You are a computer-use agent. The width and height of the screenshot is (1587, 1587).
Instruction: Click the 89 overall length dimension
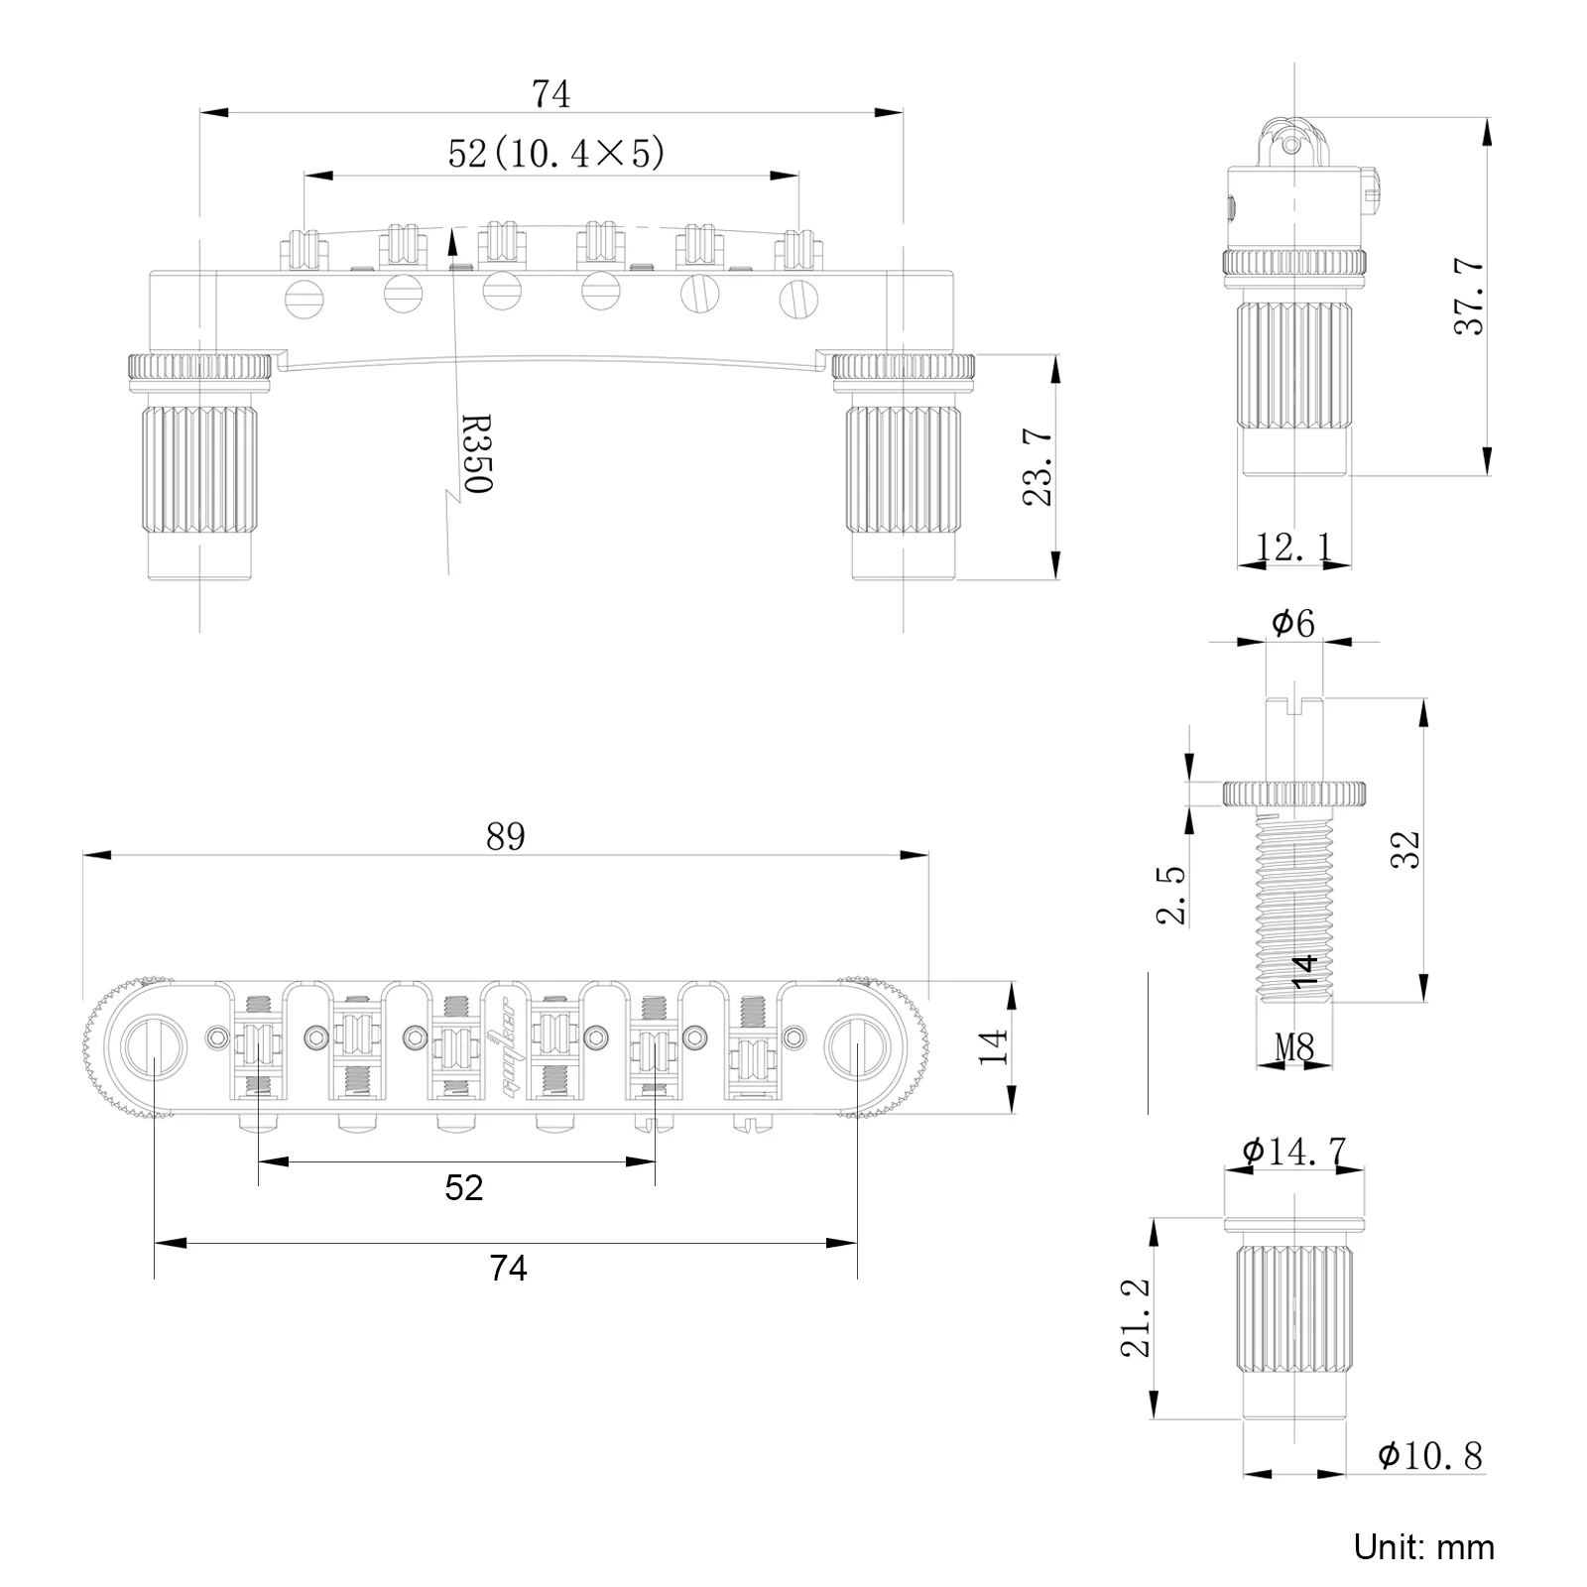click(x=505, y=837)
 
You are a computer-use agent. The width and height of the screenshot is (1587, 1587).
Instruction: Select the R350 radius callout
click(x=477, y=453)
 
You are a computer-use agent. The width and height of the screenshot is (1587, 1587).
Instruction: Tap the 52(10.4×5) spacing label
click(x=555, y=154)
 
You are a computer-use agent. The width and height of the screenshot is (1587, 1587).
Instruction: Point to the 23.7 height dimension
click(x=1038, y=467)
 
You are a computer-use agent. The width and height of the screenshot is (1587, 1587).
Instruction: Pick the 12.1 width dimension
click(x=1294, y=547)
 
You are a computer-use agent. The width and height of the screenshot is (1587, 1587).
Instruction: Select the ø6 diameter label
click(x=1292, y=624)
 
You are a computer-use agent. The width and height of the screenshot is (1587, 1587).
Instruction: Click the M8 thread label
click(x=1293, y=1046)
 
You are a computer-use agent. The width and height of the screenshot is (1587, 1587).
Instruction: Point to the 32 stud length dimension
click(x=1404, y=850)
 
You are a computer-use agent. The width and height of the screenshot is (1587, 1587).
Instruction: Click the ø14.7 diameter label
click(x=1293, y=1152)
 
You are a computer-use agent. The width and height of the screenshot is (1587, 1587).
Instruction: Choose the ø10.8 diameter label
click(x=1429, y=1455)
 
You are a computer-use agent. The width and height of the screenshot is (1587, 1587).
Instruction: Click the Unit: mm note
click(x=1423, y=1546)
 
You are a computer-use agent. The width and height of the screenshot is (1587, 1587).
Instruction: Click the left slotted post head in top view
click(x=156, y=1046)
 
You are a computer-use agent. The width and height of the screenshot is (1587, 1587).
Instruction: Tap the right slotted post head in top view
click(x=855, y=1046)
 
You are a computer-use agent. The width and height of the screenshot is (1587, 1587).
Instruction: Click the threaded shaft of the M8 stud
click(x=1293, y=903)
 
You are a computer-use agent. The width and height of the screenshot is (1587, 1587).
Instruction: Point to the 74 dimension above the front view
click(x=550, y=94)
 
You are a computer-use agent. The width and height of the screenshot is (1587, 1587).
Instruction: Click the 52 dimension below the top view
click(x=463, y=1187)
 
